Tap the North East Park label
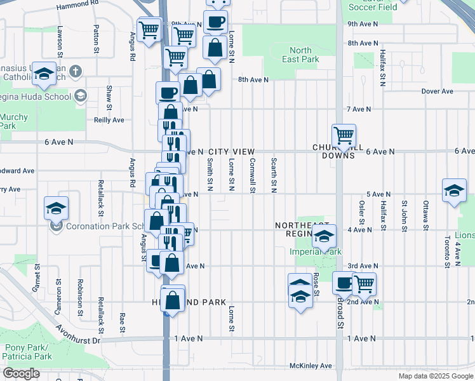click(x=301, y=55)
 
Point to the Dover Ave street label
click(x=438, y=91)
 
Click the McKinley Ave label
click(x=311, y=366)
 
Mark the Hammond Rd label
click(x=78, y=4)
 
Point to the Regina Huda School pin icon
click(x=80, y=95)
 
